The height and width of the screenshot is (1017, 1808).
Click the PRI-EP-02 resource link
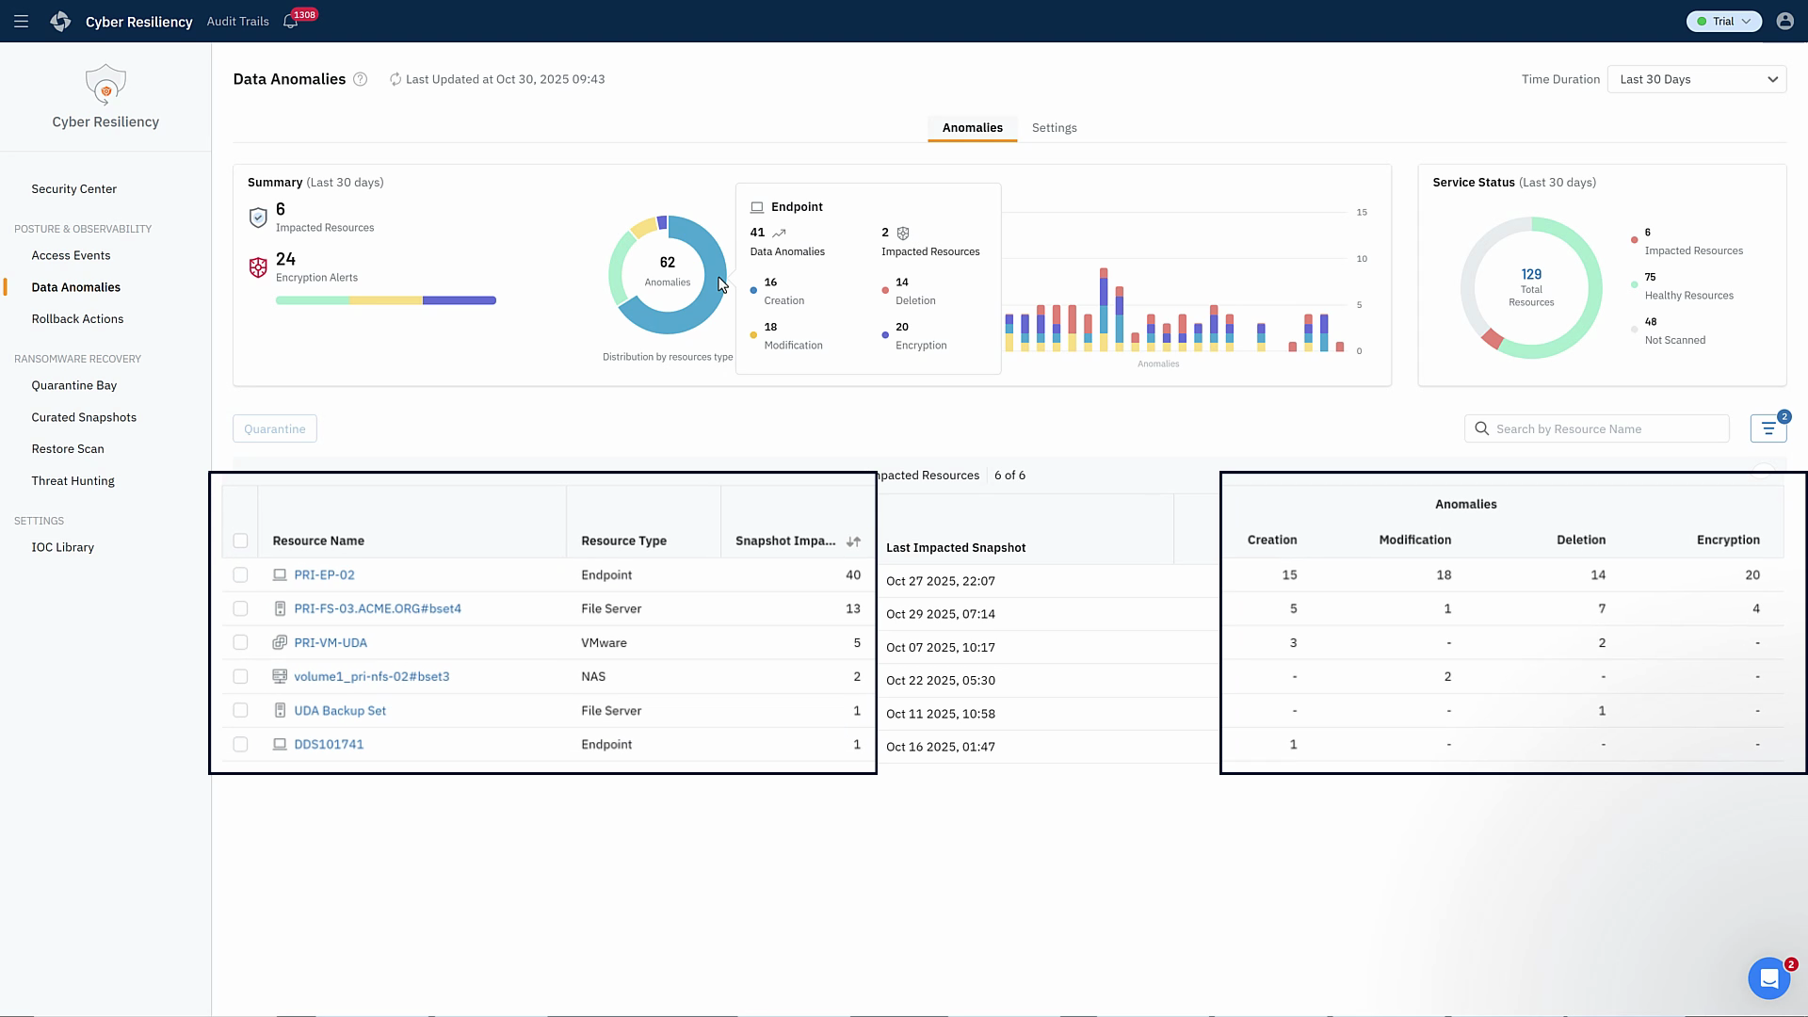pyautogui.click(x=324, y=574)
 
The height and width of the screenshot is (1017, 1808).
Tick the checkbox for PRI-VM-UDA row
pyautogui.click(x=240, y=642)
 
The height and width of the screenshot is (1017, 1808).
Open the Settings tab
pyautogui.click(x=1054, y=128)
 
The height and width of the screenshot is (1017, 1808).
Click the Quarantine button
pyautogui.click(x=274, y=428)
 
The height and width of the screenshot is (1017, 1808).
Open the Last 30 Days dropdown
pyautogui.click(x=1696, y=79)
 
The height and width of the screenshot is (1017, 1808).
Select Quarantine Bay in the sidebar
pyautogui.click(x=73, y=385)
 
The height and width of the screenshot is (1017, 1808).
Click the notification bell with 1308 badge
pyautogui.click(x=291, y=22)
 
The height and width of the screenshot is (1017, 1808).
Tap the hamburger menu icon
pyautogui.click(x=21, y=21)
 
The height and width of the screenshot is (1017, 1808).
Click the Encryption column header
pyautogui.click(x=1727, y=540)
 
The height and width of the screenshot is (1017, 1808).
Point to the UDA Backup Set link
pyautogui.click(x=339, y=711)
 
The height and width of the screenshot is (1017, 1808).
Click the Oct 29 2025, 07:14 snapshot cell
pyautogui.click(x=940, y=614)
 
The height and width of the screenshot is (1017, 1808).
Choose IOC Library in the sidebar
pyautogui.click(x=62, y=547)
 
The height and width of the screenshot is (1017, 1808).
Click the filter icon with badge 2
pyautogui.click(x=1768, y=428)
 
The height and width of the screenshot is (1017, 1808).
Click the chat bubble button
pyautogui.click(x=1768, y=978)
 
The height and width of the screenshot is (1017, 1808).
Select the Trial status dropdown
pyautogui.click(x=1723, y=21)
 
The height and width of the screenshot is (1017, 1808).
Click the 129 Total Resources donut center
pyautogui.click(x=1530, y=286)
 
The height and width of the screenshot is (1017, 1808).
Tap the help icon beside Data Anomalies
pyautogui.click(x=360, y=79)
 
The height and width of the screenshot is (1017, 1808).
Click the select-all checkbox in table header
pyautogui.click(x=240, y=541)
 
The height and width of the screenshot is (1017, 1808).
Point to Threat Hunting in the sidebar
pyautogui.click(x=73, y=481)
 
